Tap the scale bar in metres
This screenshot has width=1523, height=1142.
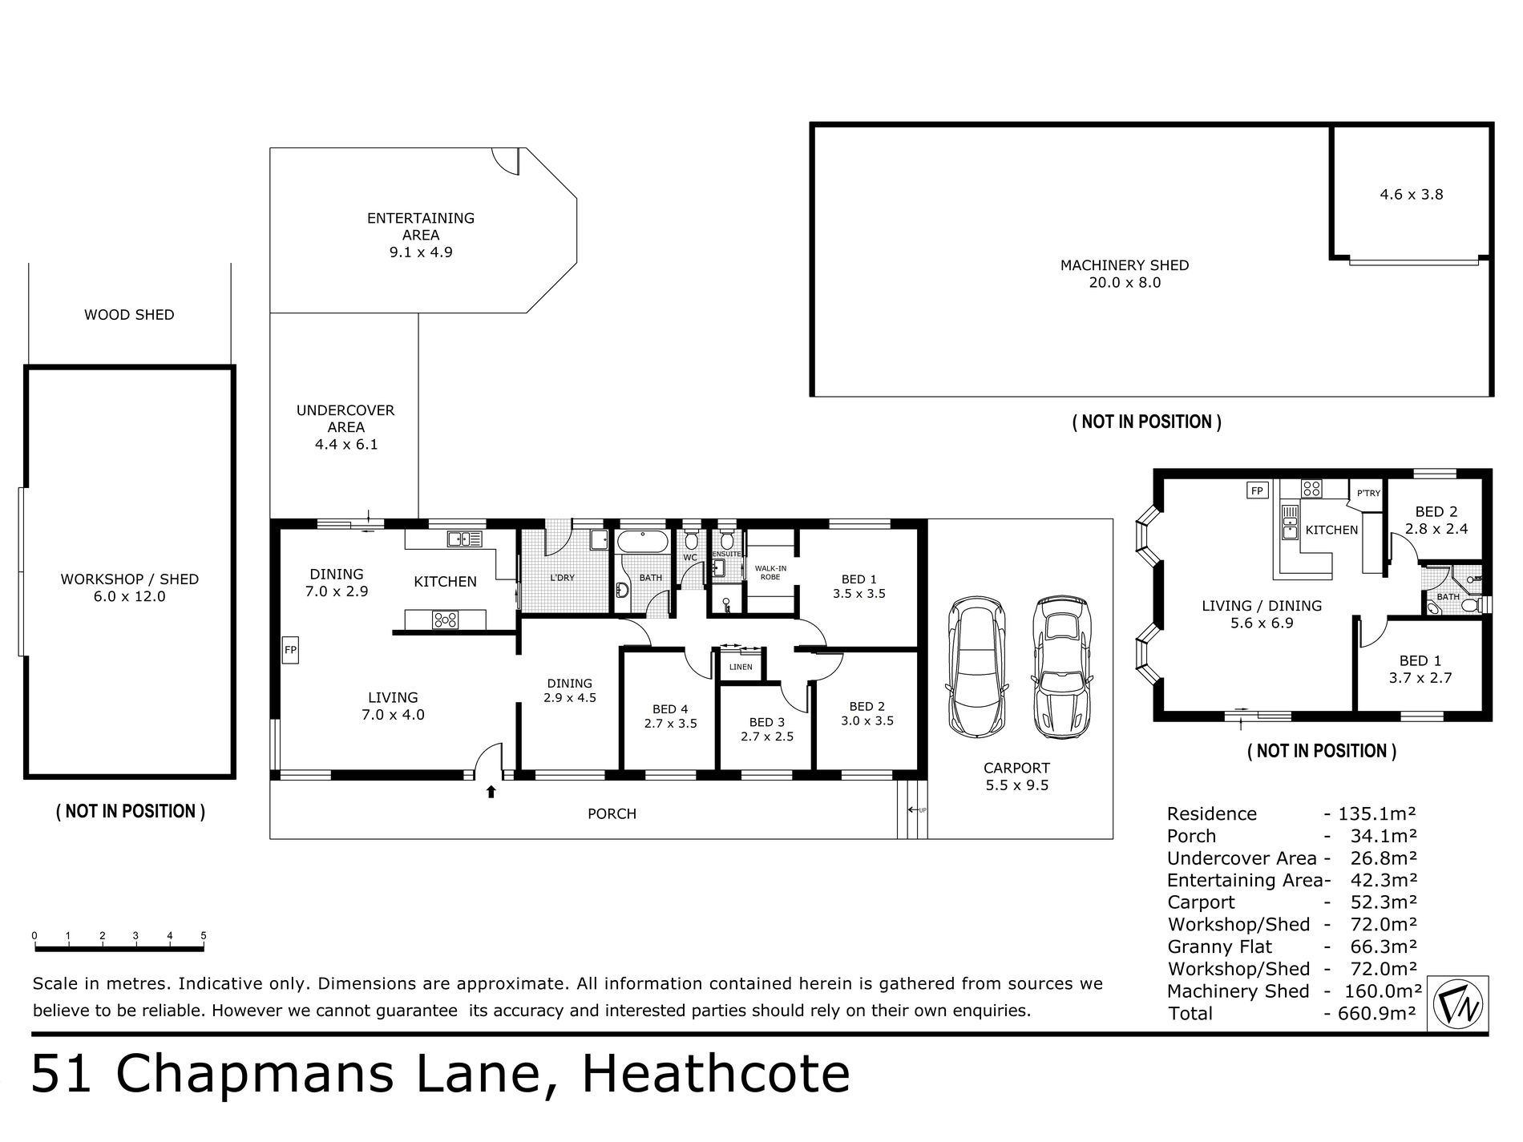(119, 950)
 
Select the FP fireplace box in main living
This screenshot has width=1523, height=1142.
(290, 650)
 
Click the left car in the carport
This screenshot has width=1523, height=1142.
(975, 668)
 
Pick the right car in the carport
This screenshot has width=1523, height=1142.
(1060, 668)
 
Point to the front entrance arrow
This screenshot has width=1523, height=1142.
(491, 793)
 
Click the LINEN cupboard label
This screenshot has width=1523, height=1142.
(741, 667)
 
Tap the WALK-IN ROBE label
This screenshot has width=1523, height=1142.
(770, 572)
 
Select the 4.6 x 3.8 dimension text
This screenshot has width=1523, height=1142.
(1411, 194)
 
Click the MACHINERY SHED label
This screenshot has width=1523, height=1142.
(1124, 265)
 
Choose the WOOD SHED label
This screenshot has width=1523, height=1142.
(129, 315)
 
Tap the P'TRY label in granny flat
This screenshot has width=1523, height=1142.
(1368, 493)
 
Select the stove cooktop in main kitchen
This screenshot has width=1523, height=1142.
(446, 619)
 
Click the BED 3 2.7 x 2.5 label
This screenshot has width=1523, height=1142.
(767, 729)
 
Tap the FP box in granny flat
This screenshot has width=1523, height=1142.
(1256, 490)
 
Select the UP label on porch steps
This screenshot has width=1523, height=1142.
(922, 810)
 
